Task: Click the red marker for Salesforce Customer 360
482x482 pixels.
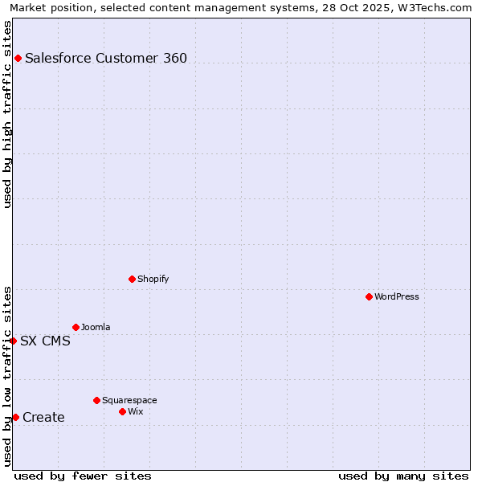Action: tap(18, 58)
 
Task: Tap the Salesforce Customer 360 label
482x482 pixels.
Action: tap(105, 58)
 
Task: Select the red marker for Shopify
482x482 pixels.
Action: tap(132, 279)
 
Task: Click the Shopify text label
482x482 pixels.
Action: tap(153, 279)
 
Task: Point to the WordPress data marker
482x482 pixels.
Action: tap(369, 296)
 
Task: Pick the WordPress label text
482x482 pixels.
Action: tap(396, 296)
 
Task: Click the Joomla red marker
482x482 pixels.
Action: tap(76, 327)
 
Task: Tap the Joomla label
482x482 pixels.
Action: tap(96, 327)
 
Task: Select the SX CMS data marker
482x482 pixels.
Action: tap(13, 341)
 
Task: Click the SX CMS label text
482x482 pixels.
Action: tap(45, 341)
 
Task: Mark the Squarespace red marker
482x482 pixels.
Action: tap(96, 400)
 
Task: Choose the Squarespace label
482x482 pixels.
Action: tap(129, 400)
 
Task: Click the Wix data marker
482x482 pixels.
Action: tap(122, 411)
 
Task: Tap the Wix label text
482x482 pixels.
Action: tap(135, 411)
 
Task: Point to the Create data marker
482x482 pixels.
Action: tap(15, 417)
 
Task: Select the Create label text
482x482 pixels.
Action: tap(43, 417)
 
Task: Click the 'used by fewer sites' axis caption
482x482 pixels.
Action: tap(83, 476)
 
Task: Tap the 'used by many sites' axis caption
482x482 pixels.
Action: tap(403, 476)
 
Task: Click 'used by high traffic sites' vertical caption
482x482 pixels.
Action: tap(7, 114)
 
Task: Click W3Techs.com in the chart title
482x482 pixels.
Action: tap(437, 7)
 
